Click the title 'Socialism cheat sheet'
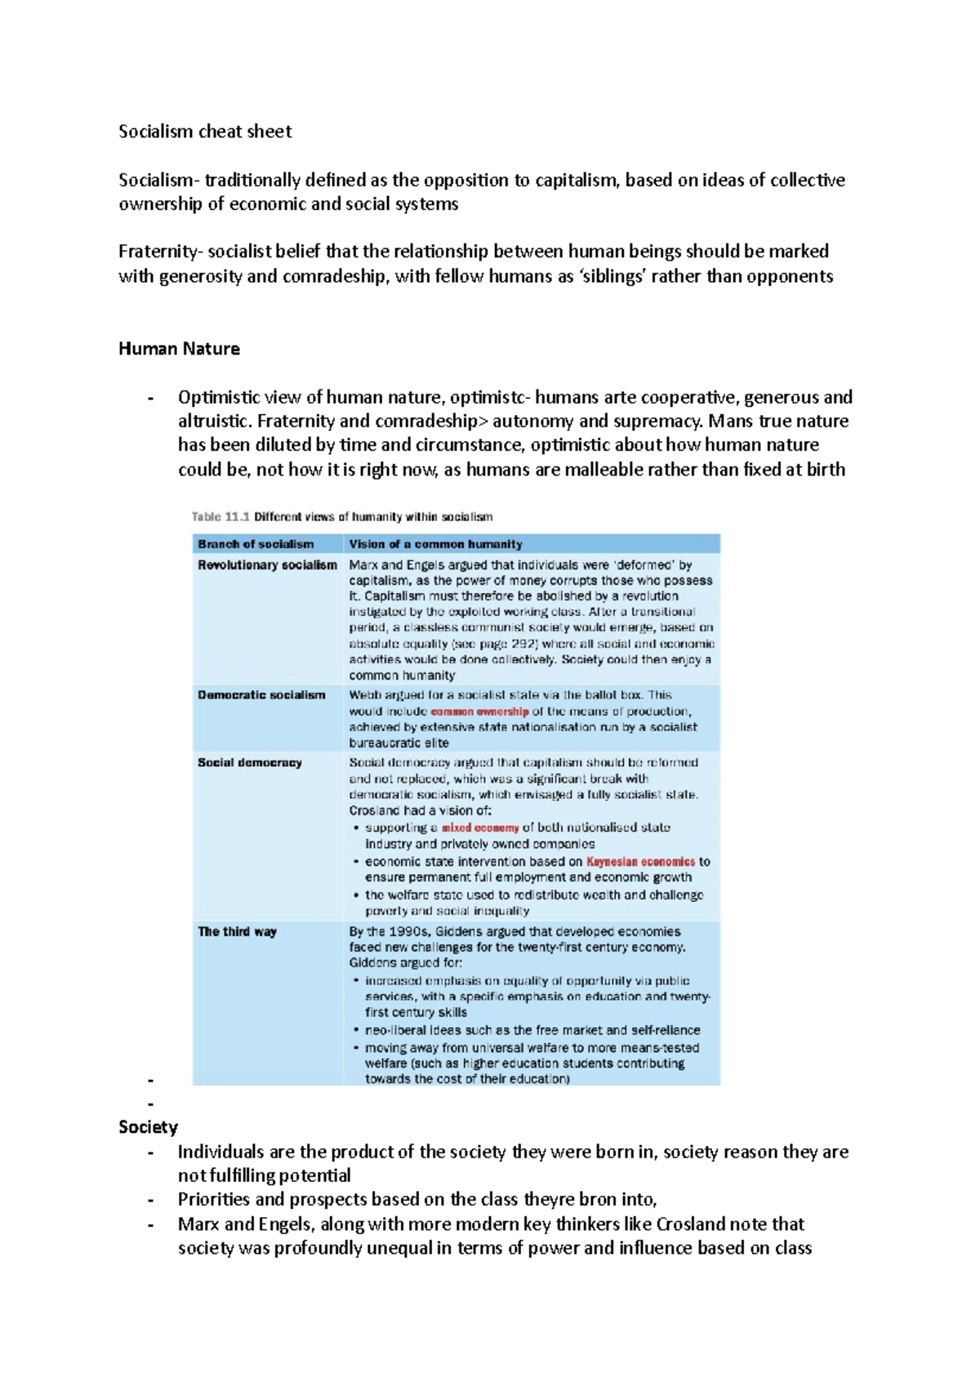(204, 132)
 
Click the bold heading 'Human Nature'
(179, 349)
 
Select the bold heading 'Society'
(148, 1127)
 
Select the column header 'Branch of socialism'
(256, 544)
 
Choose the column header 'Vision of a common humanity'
(435, 544)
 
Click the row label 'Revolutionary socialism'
(267, 565)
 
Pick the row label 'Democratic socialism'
(261, 695)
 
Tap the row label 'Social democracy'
(250, 763)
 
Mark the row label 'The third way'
(237, 932)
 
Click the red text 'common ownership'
(479, 711)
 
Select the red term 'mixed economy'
(480, 828)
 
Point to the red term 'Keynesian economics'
(640, 862)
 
